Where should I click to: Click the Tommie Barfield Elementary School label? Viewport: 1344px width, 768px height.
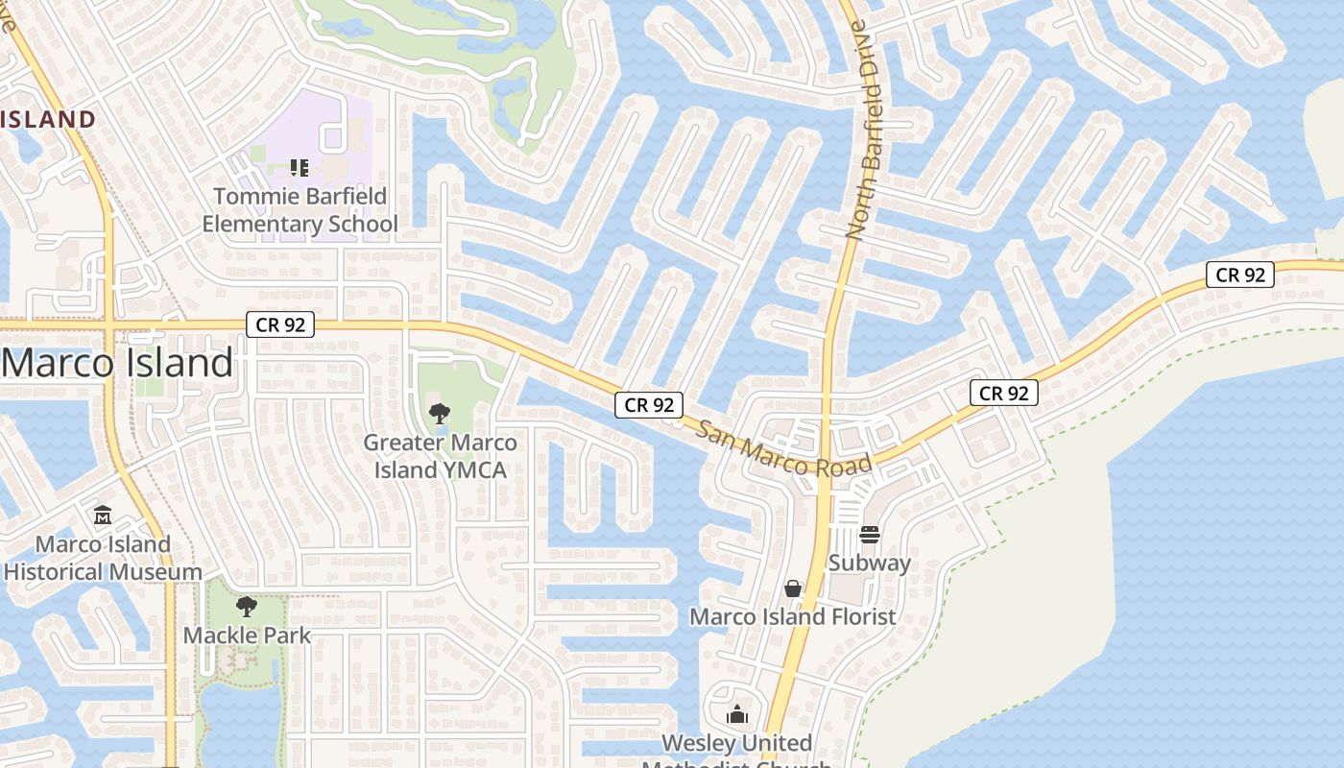tap(300, 210)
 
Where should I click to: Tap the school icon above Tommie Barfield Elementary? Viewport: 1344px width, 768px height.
tap(300, 168)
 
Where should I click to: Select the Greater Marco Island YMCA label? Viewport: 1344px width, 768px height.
tap(440, 456)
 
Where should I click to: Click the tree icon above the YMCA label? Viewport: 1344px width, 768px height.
tap(440, 414)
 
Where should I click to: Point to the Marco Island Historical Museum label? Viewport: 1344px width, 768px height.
tap(103, 558)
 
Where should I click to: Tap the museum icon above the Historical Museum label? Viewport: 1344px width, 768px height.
tap(103, 516)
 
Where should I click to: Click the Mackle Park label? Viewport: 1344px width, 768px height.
tap(247, 635)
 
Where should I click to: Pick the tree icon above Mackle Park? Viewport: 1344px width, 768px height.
tap(247, 607)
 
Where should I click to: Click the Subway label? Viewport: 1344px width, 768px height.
tap(869, 563)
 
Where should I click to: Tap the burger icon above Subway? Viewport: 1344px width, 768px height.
tap(870, 534)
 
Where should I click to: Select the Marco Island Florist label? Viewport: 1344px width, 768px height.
tap(793, 616)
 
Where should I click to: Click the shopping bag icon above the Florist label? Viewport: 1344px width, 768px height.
tap(793, 588)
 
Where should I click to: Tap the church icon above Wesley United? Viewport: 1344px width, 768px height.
tap(737, 714)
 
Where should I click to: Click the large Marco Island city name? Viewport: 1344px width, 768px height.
tap(117, 363)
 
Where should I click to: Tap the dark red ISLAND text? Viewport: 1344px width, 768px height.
tap(48, 119)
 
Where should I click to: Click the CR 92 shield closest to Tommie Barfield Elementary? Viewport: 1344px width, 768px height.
tap(281, 324)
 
